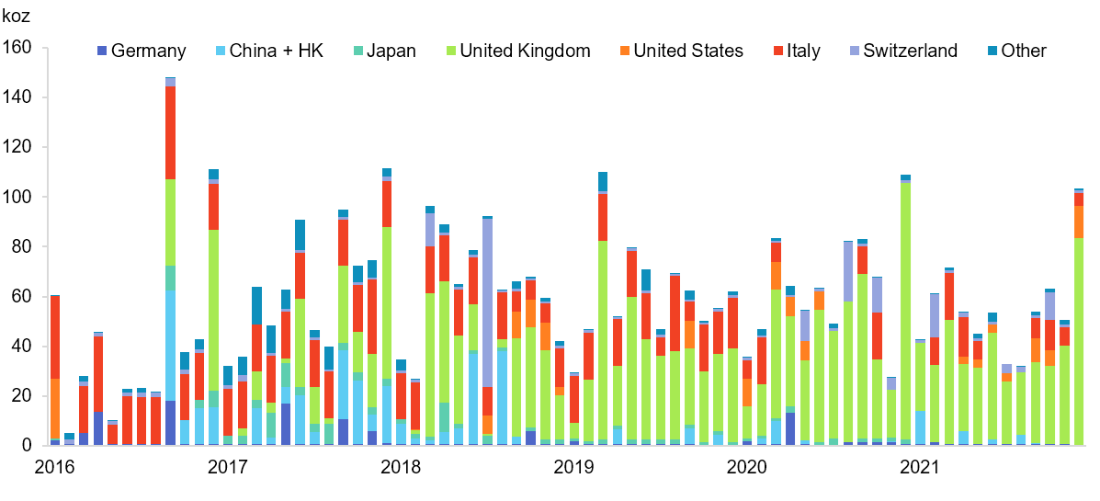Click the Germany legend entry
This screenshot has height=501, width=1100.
pos(142,51)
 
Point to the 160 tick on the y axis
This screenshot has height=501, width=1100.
pos(18,47)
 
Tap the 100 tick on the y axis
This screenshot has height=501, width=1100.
pos(18,197)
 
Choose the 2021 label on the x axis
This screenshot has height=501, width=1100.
pos(918,468)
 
